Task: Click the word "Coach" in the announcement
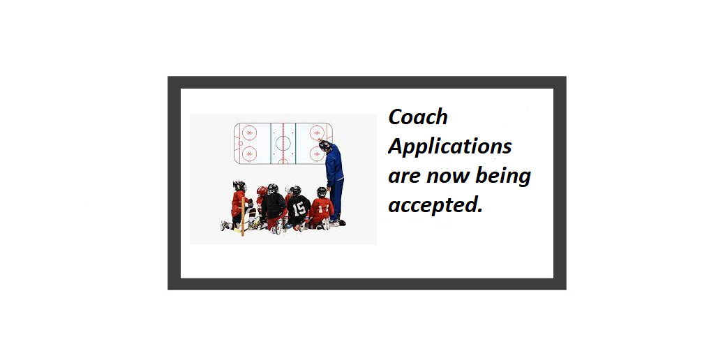[x=418, y=117]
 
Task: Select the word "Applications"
[x=450, y=147]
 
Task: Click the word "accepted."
[x=435, y=206]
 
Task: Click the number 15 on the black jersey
[x=299, y=207]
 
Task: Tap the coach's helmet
[x=324, y=146]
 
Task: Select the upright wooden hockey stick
[x=243, y=216]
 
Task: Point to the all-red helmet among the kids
[x=262, y=190]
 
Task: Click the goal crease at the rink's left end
[x=240, y=143]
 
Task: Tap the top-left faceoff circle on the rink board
[x=249, y=133]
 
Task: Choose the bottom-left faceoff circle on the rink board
[x=249, y=153]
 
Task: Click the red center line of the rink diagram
[x=283, y=143]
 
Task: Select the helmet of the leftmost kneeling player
[x=239, y=186]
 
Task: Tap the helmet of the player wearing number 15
[x=295, y=190]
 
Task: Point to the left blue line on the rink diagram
[x=271, y=143]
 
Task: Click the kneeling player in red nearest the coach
[x=322, y=209]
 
